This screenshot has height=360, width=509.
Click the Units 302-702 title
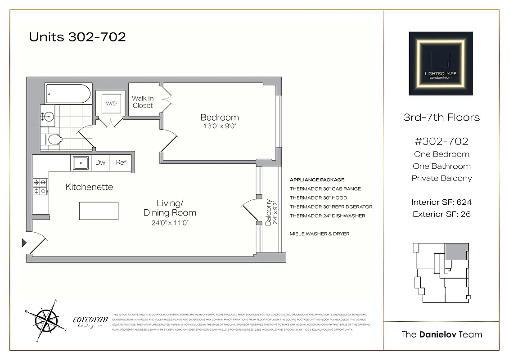(77, 37)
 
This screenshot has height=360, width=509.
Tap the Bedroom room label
(220, 118)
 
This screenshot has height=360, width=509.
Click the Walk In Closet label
(143, 102)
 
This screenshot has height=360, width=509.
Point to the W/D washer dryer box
(111, 104)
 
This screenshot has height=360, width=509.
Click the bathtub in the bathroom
(68, 94)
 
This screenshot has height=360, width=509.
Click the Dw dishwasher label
(100, 163)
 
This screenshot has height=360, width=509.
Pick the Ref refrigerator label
(121, 163)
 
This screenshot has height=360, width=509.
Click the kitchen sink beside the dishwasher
(81, 163)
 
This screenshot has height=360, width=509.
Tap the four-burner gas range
(39, 187)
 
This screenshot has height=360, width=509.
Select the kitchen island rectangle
(99, 210)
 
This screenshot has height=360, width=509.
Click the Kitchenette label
(89, 187)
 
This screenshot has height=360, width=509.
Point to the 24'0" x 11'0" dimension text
(170, 222)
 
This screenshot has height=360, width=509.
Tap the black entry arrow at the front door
(24, 243)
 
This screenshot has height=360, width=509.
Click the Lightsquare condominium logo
(440, 63)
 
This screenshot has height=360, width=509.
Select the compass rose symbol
(45, 320)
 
